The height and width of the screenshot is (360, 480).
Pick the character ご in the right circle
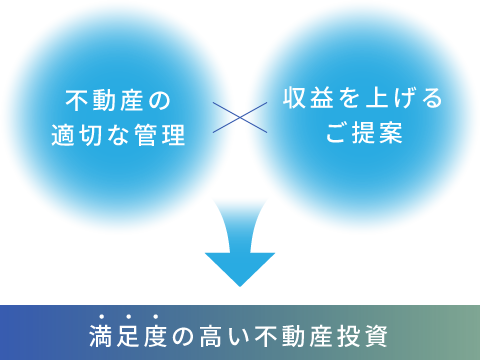click(337, 134)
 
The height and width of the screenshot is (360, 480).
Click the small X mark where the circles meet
click(240, 117)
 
